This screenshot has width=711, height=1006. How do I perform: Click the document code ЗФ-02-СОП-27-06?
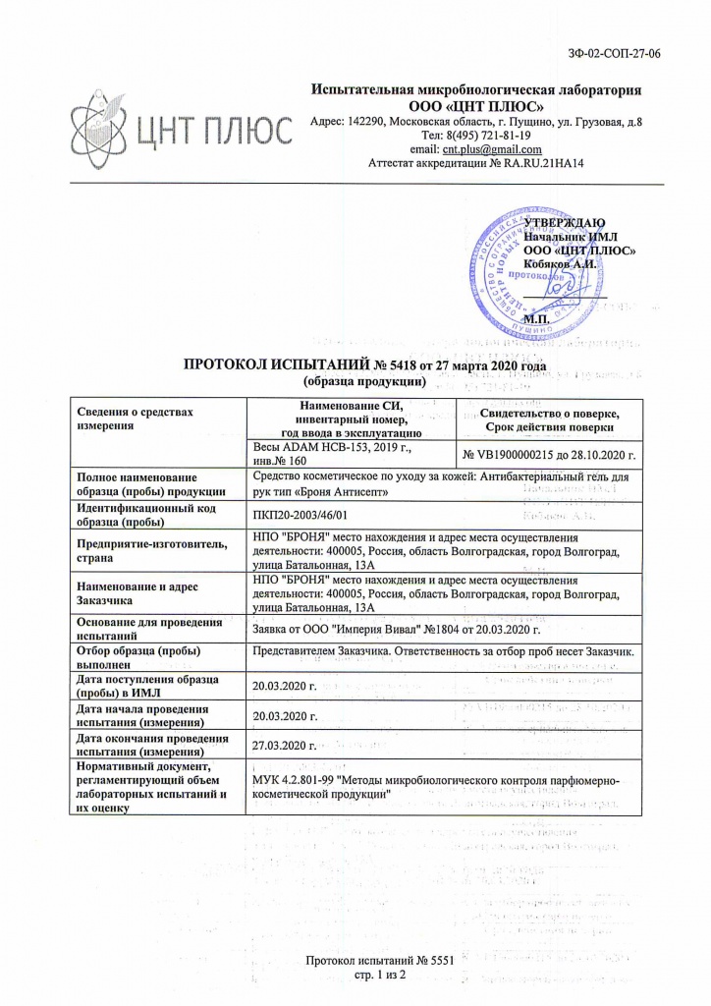pyautogui.click(x=615, y=53)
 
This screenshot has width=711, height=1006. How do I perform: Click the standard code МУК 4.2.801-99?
pyautogui.click(x=294, y=779)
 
